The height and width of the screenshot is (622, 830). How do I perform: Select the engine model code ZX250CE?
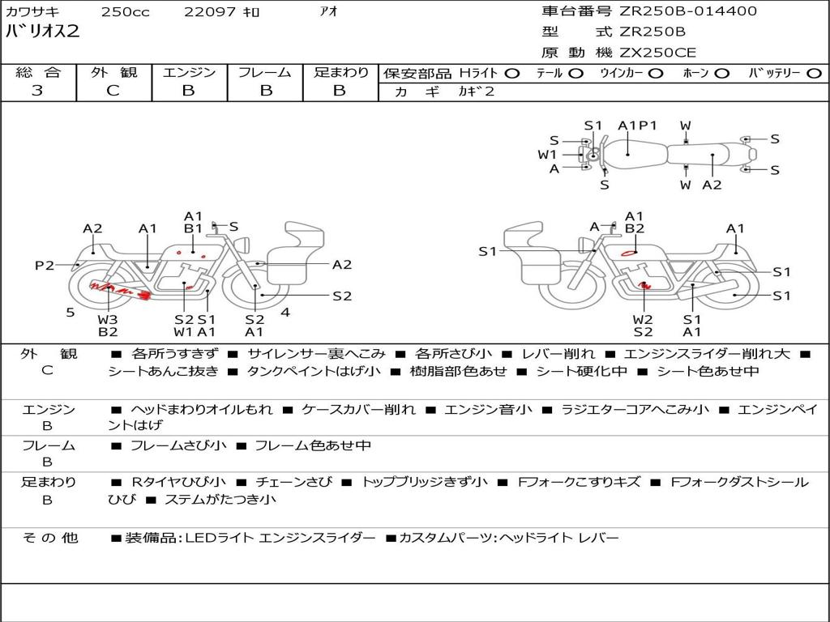657,53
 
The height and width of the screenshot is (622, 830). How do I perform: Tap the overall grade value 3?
37,91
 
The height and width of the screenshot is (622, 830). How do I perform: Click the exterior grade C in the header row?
113,91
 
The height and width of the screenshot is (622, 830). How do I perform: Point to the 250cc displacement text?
126,11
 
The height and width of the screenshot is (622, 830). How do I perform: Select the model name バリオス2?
42,32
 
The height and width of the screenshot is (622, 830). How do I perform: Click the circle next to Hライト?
512,74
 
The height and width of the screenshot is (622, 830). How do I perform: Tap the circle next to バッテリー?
814,74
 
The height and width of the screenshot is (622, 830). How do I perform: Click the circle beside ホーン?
721,74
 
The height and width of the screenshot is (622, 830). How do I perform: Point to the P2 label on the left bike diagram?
45,265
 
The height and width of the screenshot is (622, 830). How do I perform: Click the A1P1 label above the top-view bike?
637,126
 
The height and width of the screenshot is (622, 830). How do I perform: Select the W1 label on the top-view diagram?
547,155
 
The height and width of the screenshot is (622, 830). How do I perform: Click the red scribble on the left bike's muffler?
120,290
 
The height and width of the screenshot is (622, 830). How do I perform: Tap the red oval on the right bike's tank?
629,253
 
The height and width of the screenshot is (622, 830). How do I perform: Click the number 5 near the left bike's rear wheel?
71,313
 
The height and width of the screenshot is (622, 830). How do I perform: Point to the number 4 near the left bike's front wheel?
285,313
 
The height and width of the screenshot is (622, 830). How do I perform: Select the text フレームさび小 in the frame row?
178,446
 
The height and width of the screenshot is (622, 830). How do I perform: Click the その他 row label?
50,538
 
